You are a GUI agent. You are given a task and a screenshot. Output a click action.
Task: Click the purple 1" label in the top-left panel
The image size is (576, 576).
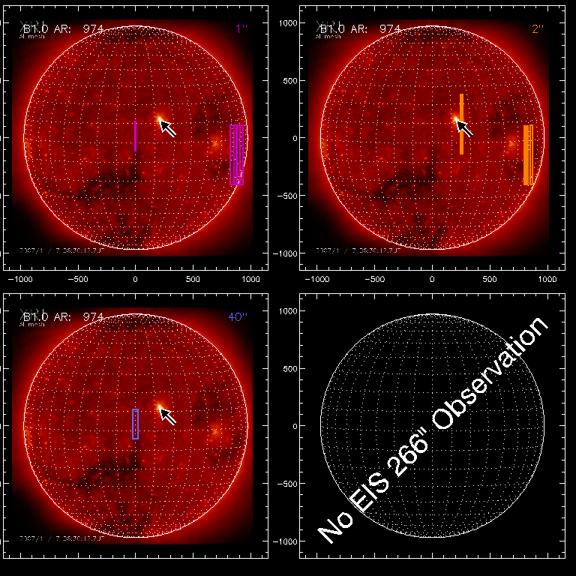point(240,28)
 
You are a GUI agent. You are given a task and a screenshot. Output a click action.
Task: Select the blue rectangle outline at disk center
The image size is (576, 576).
point(136,424)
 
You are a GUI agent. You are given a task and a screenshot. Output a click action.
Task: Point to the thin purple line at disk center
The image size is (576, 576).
point(135,136)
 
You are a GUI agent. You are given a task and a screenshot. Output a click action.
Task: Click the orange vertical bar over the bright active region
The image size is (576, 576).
point(461,124)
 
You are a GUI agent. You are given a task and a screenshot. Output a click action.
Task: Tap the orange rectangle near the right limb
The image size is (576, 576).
point(528,154)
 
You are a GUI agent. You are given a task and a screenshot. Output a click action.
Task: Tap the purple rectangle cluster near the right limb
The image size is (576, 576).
point(237,154)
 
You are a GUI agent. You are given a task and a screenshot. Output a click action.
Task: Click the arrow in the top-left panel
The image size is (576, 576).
point(169,128)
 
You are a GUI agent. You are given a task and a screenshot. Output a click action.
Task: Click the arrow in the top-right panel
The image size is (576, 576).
point(465,128)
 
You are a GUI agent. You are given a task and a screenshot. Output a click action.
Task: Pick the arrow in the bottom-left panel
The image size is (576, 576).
point(169,416)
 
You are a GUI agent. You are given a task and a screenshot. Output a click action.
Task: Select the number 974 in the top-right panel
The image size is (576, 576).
point(390,28)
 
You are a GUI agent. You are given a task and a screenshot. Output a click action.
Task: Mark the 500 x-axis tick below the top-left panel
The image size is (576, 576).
point(193,279)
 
